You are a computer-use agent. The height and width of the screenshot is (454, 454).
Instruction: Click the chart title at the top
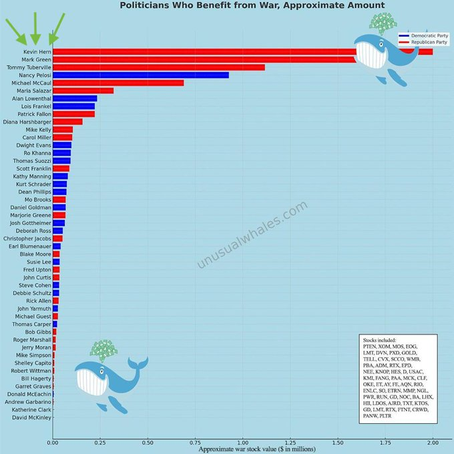pyautogui.click(x=252, y=6)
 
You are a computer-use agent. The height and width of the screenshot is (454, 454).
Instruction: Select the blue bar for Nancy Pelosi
pyautogui.click(x=140, y=75)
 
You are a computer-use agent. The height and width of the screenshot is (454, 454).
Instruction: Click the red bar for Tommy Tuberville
pyautogui.click(x=158, y=67)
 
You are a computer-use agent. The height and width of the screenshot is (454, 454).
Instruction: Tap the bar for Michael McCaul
pyautogui.click(x=118, y=83)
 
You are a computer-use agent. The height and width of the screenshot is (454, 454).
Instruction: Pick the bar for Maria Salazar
pyautogui.click(x=83, y=91)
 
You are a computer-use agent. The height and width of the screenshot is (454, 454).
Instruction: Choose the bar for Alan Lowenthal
pyautogui.click(x=75, y=99)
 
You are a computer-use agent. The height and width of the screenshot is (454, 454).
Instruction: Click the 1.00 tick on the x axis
pyautogui.click(x=243, y=442)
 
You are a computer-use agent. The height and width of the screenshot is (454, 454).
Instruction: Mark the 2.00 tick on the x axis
pyautogui.click(x=433, y=442)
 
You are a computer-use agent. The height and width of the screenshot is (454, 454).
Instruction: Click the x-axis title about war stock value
pyautogui.click(x=252, y=449)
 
